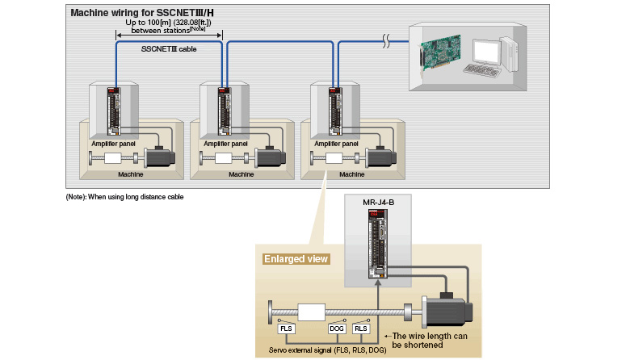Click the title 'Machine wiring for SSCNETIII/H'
click(141, 13)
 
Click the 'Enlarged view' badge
click(296, 259)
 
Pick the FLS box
click(287, 329)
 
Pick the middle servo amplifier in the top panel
click(225, 112)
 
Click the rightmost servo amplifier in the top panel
click(334, 112)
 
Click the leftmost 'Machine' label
click(131, 174)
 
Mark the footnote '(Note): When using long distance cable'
click(124, 197)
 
